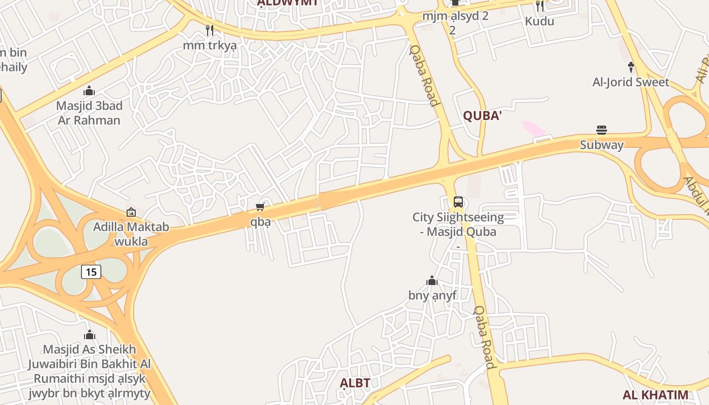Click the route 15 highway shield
[91, 272]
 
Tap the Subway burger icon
[602, 130]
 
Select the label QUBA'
[482, 116]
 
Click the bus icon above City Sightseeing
[458, 202]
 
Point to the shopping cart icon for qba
[260, 207]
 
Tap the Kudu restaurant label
[539, 21]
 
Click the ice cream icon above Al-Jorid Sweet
[631, 66]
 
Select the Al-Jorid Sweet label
[631, 82]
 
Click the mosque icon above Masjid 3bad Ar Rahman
[89, 91]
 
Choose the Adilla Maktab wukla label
[131, 234]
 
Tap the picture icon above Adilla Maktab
[131, 212]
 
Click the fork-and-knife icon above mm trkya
[210, 30]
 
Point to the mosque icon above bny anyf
[432, 280]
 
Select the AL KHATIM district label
[655, 395]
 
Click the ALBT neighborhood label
[354, 383]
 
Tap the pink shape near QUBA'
[533, 129]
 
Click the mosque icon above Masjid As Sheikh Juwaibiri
[90, 335]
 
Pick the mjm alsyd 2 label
[455, 16]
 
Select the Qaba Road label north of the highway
[424, 75]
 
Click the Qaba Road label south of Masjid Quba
[484, 337]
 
